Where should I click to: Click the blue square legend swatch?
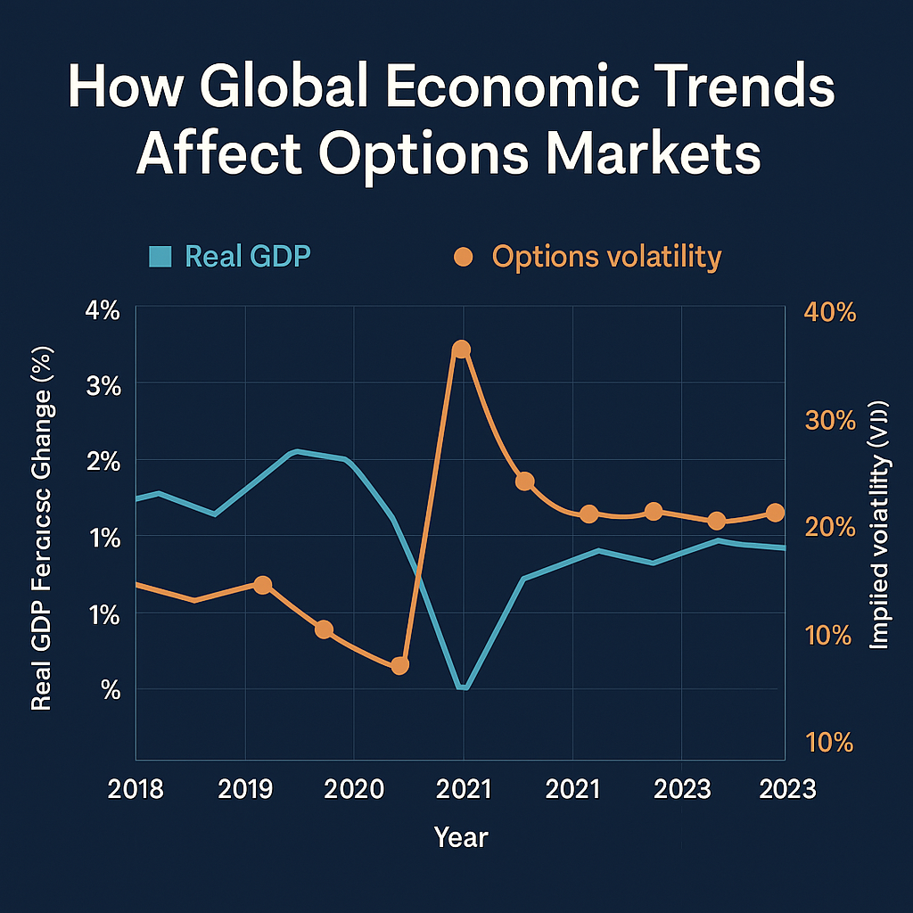tap(161, 257)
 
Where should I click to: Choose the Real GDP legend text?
tap(248, 257)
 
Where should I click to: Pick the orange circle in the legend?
tap(463, 257)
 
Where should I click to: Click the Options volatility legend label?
tap(606, 257)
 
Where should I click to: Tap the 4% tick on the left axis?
tap(103, 311)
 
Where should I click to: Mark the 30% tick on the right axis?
tap(830, 420)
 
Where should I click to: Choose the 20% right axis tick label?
tap(830, 526)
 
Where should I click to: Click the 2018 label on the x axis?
tap(136, 790)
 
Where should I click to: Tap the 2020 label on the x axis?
tap(354, 790)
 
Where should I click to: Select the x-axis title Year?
tap(461, 837)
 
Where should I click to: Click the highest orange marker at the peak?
tap(461, 350)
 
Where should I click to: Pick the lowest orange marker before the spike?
tap(399, 665)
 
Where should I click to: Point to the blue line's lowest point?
tap(462, 687)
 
